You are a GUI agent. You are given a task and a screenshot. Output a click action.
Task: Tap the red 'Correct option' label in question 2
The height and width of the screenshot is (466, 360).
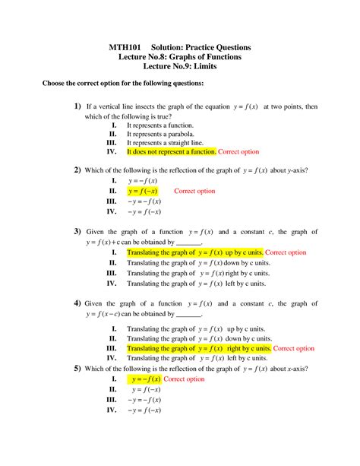click(195, 191)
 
